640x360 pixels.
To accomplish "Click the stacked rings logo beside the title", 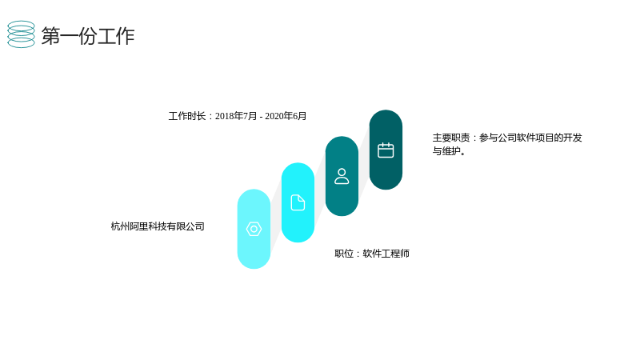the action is [22, 34].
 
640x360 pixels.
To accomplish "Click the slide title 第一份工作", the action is [88, 36].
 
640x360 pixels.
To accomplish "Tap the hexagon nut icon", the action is [254, 229].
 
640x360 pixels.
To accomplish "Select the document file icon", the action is [298, 202].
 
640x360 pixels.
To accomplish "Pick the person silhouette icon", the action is [342, 176].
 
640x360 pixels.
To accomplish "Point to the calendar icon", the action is [386, 150].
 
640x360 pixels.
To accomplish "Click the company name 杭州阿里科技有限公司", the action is [158, 226].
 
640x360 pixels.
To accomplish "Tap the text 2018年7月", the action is [236, 116].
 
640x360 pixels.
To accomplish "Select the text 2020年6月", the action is [286, 116].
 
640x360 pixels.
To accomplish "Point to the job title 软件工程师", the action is [386, 254].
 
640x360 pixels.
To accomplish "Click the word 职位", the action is [344, 254].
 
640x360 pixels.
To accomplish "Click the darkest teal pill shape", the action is [386, 150].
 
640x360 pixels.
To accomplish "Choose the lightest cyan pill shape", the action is [254, 229].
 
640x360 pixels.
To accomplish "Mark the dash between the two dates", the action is [262, 117].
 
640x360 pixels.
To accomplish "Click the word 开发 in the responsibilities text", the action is [573, 138].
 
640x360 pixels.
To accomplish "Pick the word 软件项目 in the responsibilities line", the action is [535, 138].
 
